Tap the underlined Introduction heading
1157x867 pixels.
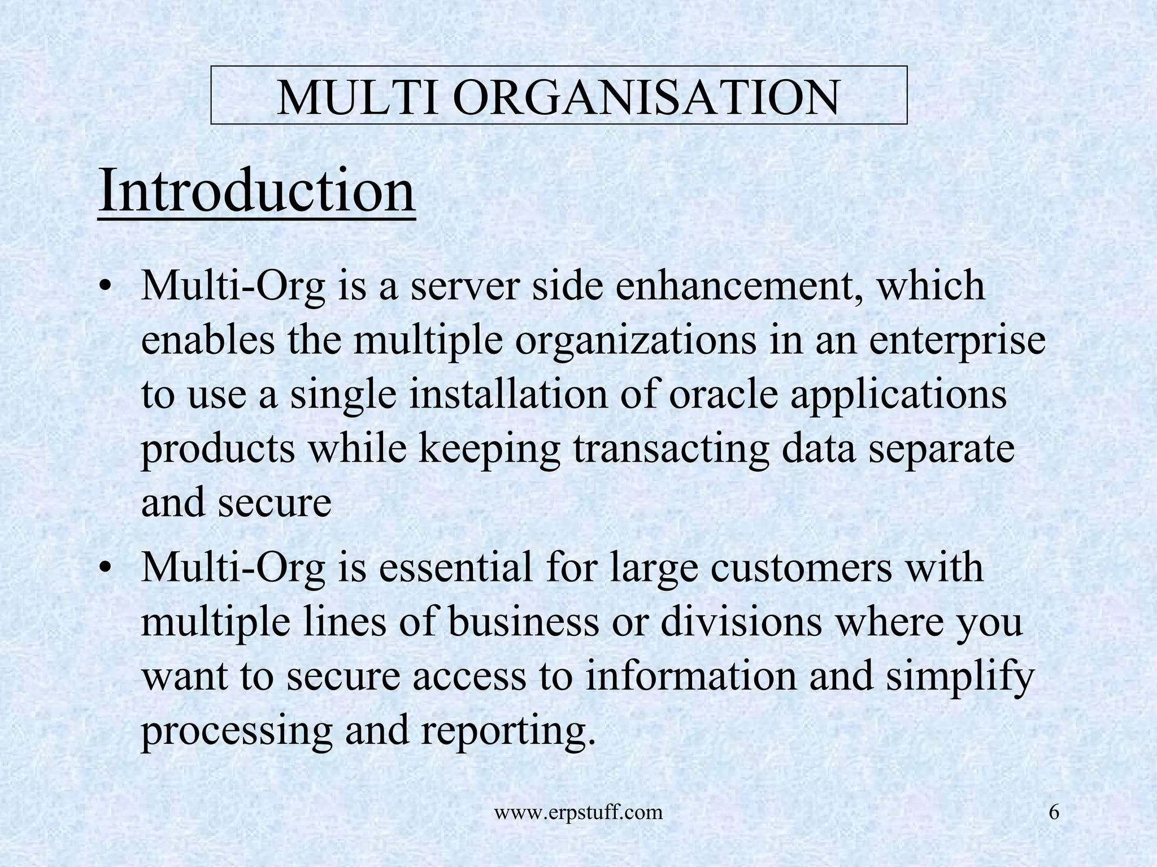pyautogui.click(x=257, y=191)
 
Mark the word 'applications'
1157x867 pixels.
pyautogui.click(x=898, y=396)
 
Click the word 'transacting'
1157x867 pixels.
pyautogui.click(x=670, y=449)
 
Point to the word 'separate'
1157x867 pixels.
pyautogui.click(x=941, y=450)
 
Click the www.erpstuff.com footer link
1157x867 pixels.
pyautogui.click(x=578, y=813)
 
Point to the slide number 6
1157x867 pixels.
pyautogui.click(x=1054, y=812)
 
